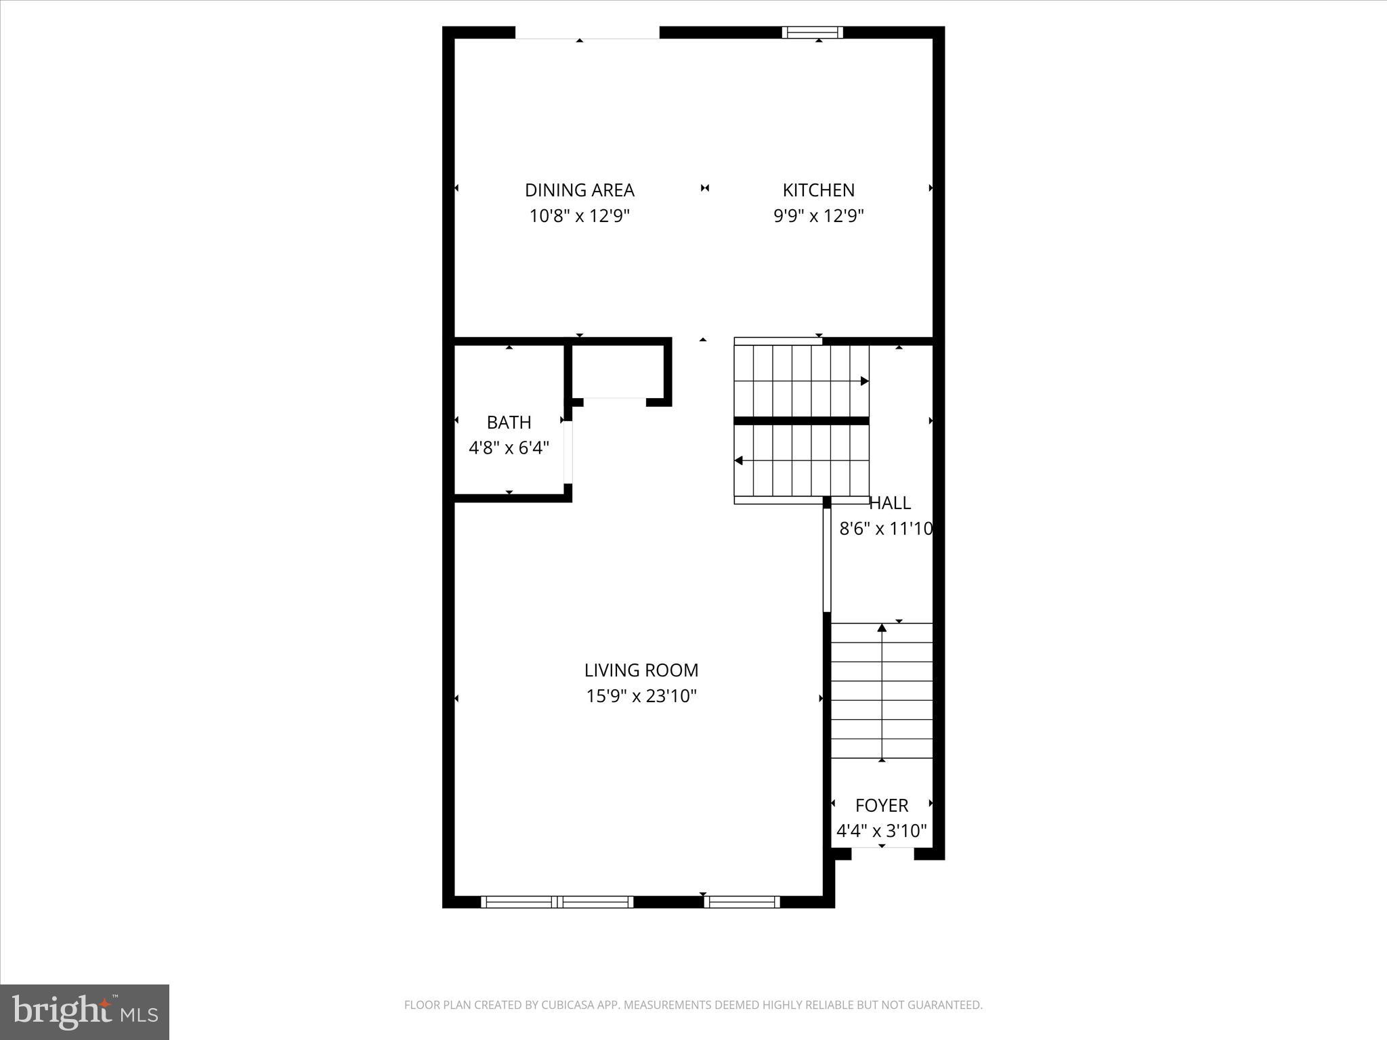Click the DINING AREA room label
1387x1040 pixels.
point(579,190)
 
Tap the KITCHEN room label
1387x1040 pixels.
point(818,190)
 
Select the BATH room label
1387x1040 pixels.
point(509,422)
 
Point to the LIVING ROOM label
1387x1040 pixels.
point(641,670)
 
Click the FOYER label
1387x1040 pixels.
point(881,806)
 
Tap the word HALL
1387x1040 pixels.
point(889,503)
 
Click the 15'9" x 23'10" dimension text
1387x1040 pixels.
point(641,696)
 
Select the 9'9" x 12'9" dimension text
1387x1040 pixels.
point(818,216)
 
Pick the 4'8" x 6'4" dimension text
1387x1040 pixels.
point(509,448)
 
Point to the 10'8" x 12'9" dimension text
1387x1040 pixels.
point(579,216)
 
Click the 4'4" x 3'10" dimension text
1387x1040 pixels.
point(881,831)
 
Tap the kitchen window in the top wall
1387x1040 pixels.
point(812,32)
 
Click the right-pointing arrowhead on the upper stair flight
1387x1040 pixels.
point(864,381)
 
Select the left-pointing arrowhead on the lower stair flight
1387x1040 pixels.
point(739,460)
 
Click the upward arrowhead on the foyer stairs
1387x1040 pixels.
point(882,628)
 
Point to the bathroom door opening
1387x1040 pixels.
point(568,452)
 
